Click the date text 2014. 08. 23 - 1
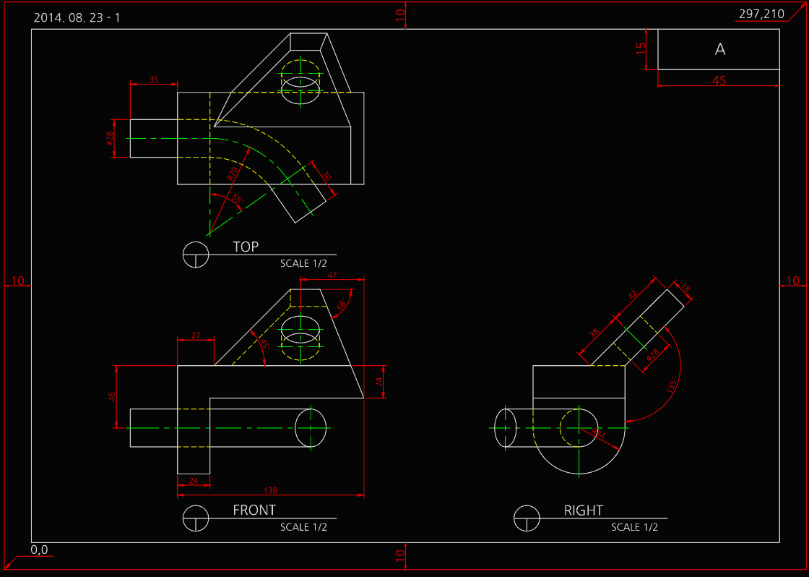point(77,17)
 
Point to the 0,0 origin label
point(39,550)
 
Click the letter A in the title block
point(719,49)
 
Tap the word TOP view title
point(246,247)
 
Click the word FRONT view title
point(254,510)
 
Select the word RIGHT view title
point(583,510)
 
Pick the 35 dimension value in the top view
point(154,80)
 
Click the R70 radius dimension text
point(233,174)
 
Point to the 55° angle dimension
point(236,198)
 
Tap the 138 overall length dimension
point(271,490)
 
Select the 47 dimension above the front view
point(332,275)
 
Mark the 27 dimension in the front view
point(195,335)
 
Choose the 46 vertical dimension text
point(112,397)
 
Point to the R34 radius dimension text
point(598,433)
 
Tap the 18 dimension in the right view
point(685,289)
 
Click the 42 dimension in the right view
point(633,295)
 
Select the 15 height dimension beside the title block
point(640,48)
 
